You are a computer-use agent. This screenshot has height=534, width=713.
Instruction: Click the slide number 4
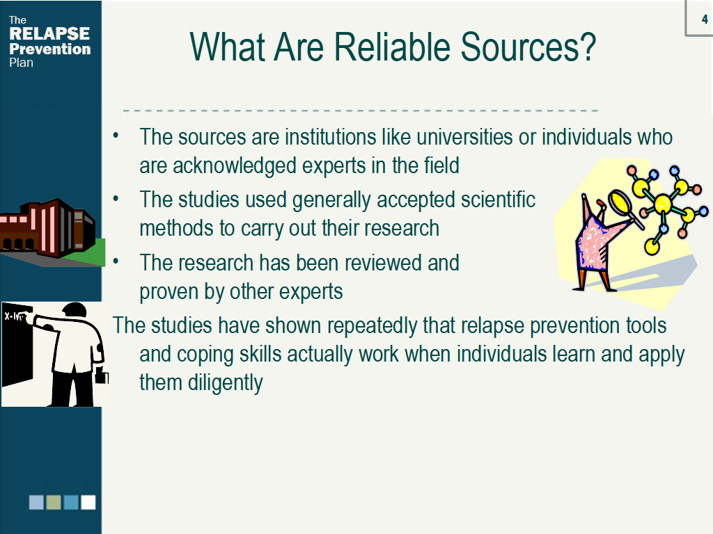click(705, 19)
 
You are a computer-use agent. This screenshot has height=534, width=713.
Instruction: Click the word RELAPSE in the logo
click(49, 33)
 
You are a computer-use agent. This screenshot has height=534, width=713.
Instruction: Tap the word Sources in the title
click(528, 47)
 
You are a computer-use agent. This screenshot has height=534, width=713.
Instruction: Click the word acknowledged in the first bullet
click(234, 165)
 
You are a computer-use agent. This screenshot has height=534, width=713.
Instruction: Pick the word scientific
click(497, 200)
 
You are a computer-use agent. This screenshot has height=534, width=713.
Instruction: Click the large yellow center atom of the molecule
click(662, 203)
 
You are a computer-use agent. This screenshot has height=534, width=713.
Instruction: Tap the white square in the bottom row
click(88, 502)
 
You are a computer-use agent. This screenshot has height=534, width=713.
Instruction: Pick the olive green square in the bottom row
click(54, 502)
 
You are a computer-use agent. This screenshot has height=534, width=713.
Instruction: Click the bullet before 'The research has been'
click(116, 261)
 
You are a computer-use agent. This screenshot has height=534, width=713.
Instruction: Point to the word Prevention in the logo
click(50, 49)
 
